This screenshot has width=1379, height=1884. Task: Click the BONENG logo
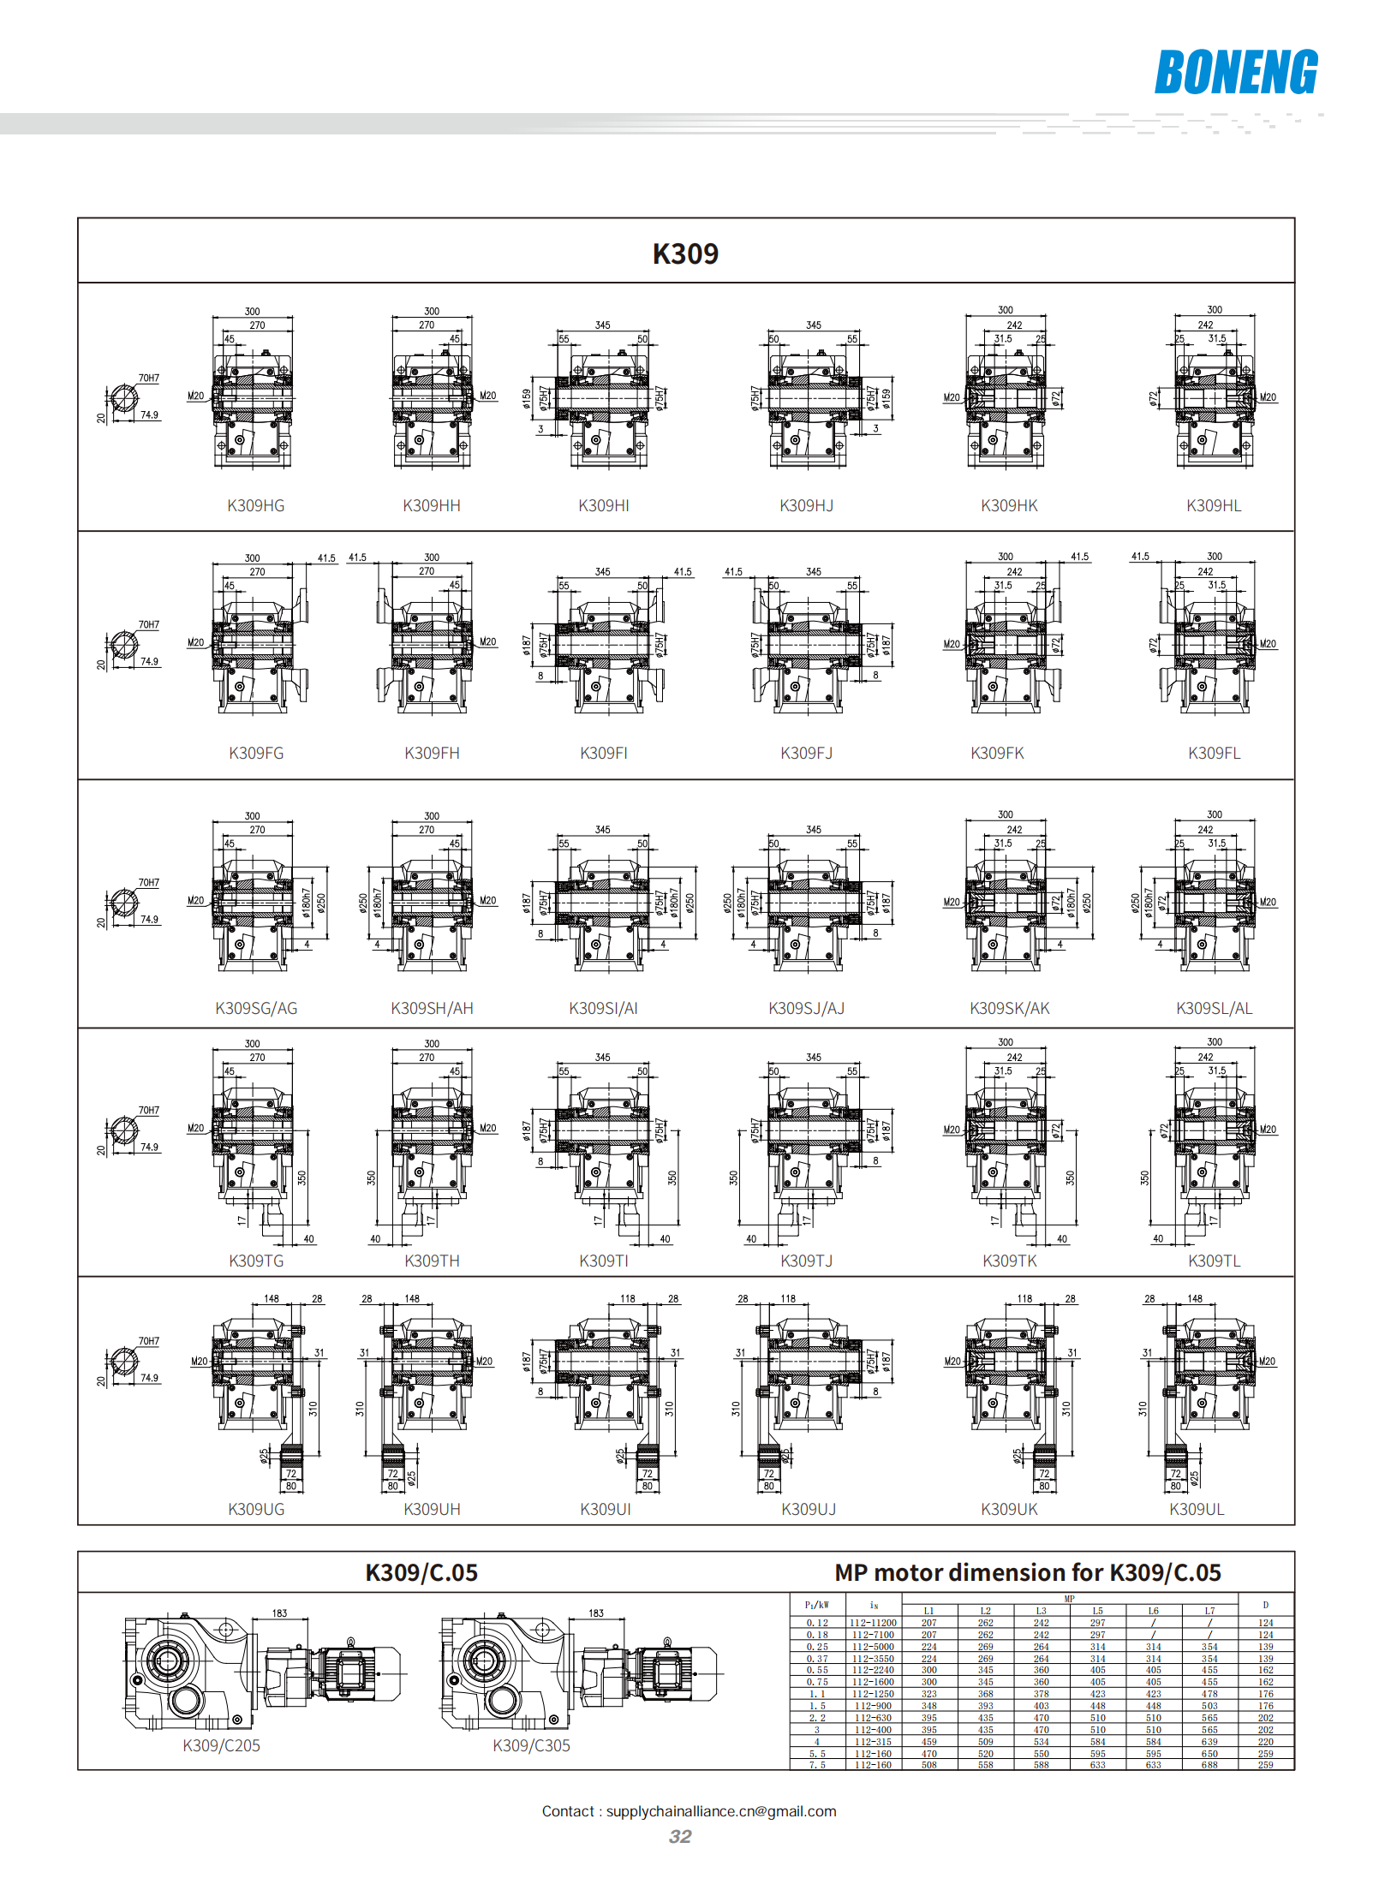(1235, 72)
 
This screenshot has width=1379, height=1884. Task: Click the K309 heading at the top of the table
(685, 253)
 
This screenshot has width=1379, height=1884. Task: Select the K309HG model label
(255, 506)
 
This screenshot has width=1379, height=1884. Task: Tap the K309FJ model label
(806, 754)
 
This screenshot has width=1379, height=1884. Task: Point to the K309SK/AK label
(1009, 1009)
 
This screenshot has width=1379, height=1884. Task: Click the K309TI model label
(604, 1261)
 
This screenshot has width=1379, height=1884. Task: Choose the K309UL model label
(1197, 1510)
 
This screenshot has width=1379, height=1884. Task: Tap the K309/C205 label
(221, 1746)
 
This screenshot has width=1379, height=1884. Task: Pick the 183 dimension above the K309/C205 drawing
(279, 1613)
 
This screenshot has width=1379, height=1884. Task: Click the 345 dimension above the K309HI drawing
(603, 325)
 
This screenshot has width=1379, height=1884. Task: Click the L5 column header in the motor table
(1097, 1611)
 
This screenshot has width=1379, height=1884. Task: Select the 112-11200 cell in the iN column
(873, 1623)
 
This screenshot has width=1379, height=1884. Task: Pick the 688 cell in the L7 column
(1209, 1765)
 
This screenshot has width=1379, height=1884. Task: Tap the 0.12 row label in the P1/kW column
(817, 1623)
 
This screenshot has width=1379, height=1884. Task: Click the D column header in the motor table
(1265, 1605)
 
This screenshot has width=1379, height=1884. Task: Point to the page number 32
(680, 1837)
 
